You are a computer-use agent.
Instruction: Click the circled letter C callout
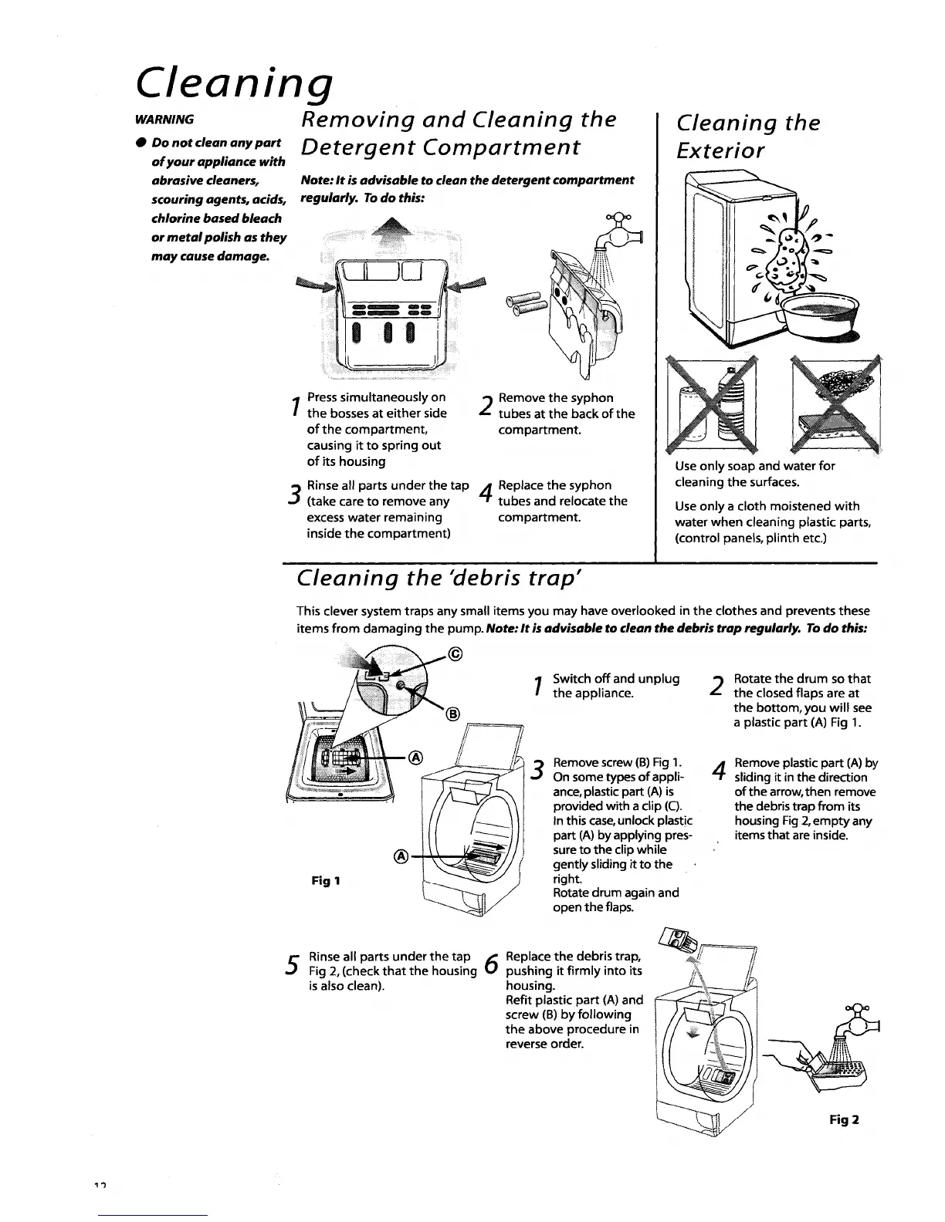(455, 656)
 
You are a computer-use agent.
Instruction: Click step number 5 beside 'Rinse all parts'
(293, 964)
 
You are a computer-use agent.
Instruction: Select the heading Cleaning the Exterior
(747, 136)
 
